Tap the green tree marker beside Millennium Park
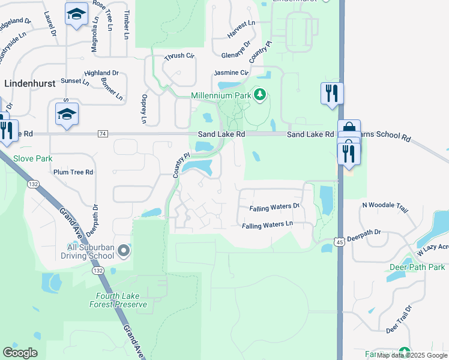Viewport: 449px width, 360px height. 259,95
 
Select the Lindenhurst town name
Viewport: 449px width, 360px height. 29,84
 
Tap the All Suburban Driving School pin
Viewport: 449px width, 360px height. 124,251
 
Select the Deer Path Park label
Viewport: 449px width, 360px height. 417,266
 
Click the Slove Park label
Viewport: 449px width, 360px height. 33,158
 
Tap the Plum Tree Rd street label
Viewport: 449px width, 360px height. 73,172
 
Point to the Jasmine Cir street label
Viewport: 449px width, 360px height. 231,73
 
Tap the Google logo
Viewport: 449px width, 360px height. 20,353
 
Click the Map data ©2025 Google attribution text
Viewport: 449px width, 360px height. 412,355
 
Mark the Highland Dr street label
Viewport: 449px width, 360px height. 101,73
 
